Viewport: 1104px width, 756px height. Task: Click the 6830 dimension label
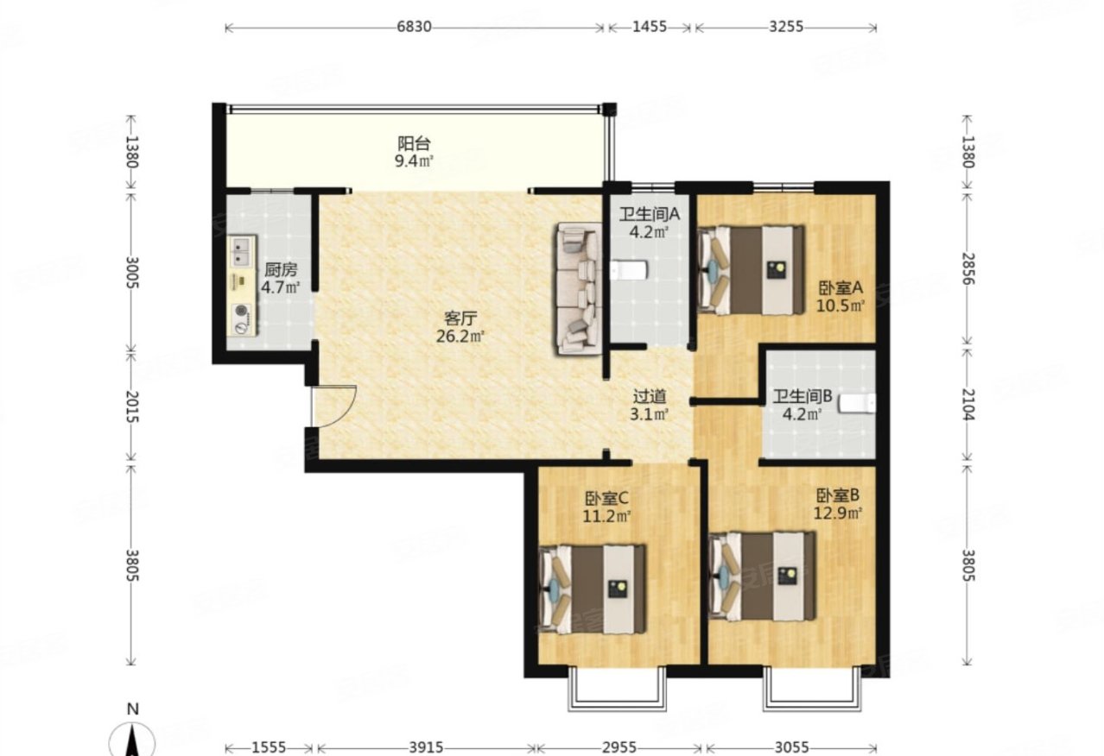coord(414,27)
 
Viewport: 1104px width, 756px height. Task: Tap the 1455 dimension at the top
coord(650,27)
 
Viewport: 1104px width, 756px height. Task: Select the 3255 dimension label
coord(786,27)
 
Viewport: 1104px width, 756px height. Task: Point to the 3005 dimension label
coord(131,273)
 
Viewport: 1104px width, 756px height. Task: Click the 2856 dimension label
coord(968,269)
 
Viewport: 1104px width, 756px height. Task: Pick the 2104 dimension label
coord(968,405)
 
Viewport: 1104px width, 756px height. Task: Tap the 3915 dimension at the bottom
coord(427,747)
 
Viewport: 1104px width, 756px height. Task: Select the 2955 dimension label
coord(619,747)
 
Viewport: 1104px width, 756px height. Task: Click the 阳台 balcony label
coord(414,143)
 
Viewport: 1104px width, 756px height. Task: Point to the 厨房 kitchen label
coord(281,270)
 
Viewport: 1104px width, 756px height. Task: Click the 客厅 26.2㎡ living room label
coord(460,328)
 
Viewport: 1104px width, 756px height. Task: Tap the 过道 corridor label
coord(650,396)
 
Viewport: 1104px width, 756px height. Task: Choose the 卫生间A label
coord(650,214)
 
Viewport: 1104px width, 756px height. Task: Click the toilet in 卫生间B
coord(857,403)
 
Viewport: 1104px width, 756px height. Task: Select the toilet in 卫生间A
coord(628,270)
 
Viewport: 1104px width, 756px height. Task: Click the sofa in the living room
coord(579,289)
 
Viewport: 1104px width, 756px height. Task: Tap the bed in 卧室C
coord(592,589)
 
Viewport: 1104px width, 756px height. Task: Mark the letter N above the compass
coord(132,709)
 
